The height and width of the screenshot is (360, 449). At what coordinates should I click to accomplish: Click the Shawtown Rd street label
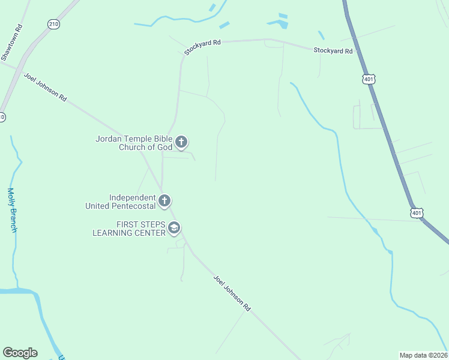click(x=11, y=41)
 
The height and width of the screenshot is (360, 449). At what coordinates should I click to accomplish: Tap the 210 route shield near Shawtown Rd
click(x=54, y=23)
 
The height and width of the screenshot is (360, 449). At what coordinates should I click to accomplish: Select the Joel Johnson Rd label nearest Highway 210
click(x=45, y=87)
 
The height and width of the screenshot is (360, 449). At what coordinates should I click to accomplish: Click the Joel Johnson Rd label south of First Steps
click(x=232, y=293)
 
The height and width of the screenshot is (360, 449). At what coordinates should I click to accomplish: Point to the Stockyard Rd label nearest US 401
click(x=333, y=51)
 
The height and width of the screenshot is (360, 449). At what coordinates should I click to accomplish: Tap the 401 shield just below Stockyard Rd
click(x=369, y=79)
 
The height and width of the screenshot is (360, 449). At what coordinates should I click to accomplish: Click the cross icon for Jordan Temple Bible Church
click(x=181, y=143)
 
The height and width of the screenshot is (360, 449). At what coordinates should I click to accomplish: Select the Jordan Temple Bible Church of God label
click(x=134, y=143)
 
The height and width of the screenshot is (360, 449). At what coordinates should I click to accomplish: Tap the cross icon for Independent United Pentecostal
click(x=164, y=201)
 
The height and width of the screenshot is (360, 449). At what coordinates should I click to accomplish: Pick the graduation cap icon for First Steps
click(x=174, y=228)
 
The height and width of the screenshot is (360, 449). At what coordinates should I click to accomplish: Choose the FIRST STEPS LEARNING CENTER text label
click(x=128, y=228)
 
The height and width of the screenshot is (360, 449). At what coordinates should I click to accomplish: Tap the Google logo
click(x=20, y=353)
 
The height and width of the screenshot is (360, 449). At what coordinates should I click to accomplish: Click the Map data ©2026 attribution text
click(x=423, y=355)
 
